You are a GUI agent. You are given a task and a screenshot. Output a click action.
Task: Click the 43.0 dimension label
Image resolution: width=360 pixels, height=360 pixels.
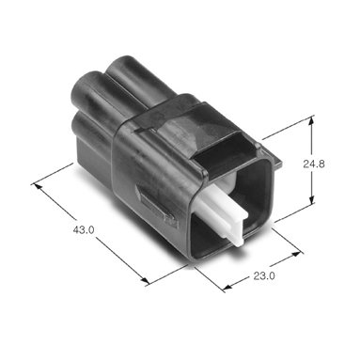(x=84, y=230)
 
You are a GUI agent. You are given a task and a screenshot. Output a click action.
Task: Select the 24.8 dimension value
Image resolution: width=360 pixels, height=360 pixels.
(x=314, y=164)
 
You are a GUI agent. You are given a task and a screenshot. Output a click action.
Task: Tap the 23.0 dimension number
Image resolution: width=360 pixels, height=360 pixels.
(x=264, y=276)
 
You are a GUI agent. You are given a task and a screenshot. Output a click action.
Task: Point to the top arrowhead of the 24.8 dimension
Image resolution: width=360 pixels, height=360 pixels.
(x=311, y=121)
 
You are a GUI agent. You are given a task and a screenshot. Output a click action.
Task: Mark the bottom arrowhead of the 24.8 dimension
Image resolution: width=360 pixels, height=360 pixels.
(x=311, y=198)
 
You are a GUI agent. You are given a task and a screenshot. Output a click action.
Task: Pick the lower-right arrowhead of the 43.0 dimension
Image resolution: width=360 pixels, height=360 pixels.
(x=145, y=280)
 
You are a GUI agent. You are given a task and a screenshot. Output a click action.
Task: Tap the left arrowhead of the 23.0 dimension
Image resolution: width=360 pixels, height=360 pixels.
(x=227, y=287)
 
